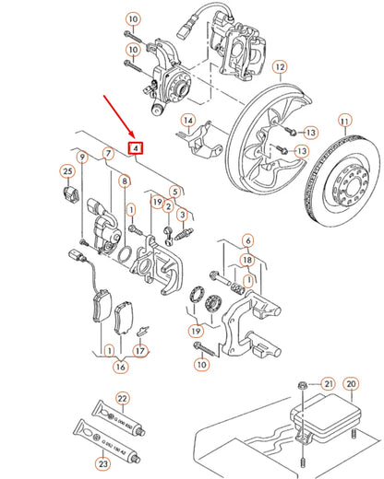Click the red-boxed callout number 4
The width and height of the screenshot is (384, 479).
pos(137,148)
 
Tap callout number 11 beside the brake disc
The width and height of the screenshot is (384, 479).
pos(346,121)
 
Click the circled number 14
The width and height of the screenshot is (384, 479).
pos(187,121)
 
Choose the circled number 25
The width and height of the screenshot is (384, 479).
pos(66,171)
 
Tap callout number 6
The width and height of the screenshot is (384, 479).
pos(246,215)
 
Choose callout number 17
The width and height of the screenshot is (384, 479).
pos(140,350)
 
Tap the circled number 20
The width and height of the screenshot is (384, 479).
pos(350,384)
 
